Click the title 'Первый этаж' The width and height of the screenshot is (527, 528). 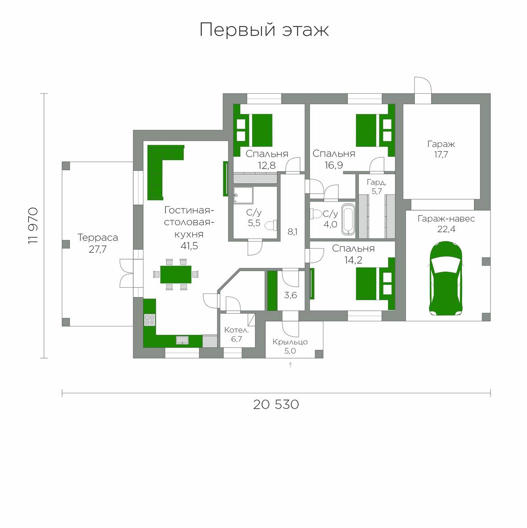264,30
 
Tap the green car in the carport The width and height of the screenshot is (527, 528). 446,279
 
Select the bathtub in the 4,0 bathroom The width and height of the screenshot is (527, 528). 348,219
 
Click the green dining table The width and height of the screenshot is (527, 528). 176,274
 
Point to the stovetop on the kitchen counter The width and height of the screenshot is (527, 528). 150,320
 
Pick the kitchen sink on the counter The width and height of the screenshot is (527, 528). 182,340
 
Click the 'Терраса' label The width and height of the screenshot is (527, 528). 98,238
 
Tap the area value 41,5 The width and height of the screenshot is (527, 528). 189,246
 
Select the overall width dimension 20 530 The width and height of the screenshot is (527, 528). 276,404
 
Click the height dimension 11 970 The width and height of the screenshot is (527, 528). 33,226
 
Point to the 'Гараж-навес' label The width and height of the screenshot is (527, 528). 446,219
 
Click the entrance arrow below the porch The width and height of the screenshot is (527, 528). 290,365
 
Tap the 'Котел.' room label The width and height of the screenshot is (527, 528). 236,330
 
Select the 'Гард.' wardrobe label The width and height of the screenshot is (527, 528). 377,182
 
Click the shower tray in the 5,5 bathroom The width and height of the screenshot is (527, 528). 243,195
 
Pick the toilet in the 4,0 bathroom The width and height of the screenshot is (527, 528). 316,214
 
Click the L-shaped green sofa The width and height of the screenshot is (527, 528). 162,170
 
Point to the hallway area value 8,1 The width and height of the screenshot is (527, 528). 293,232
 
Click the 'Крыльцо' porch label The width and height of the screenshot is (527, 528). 290,342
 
